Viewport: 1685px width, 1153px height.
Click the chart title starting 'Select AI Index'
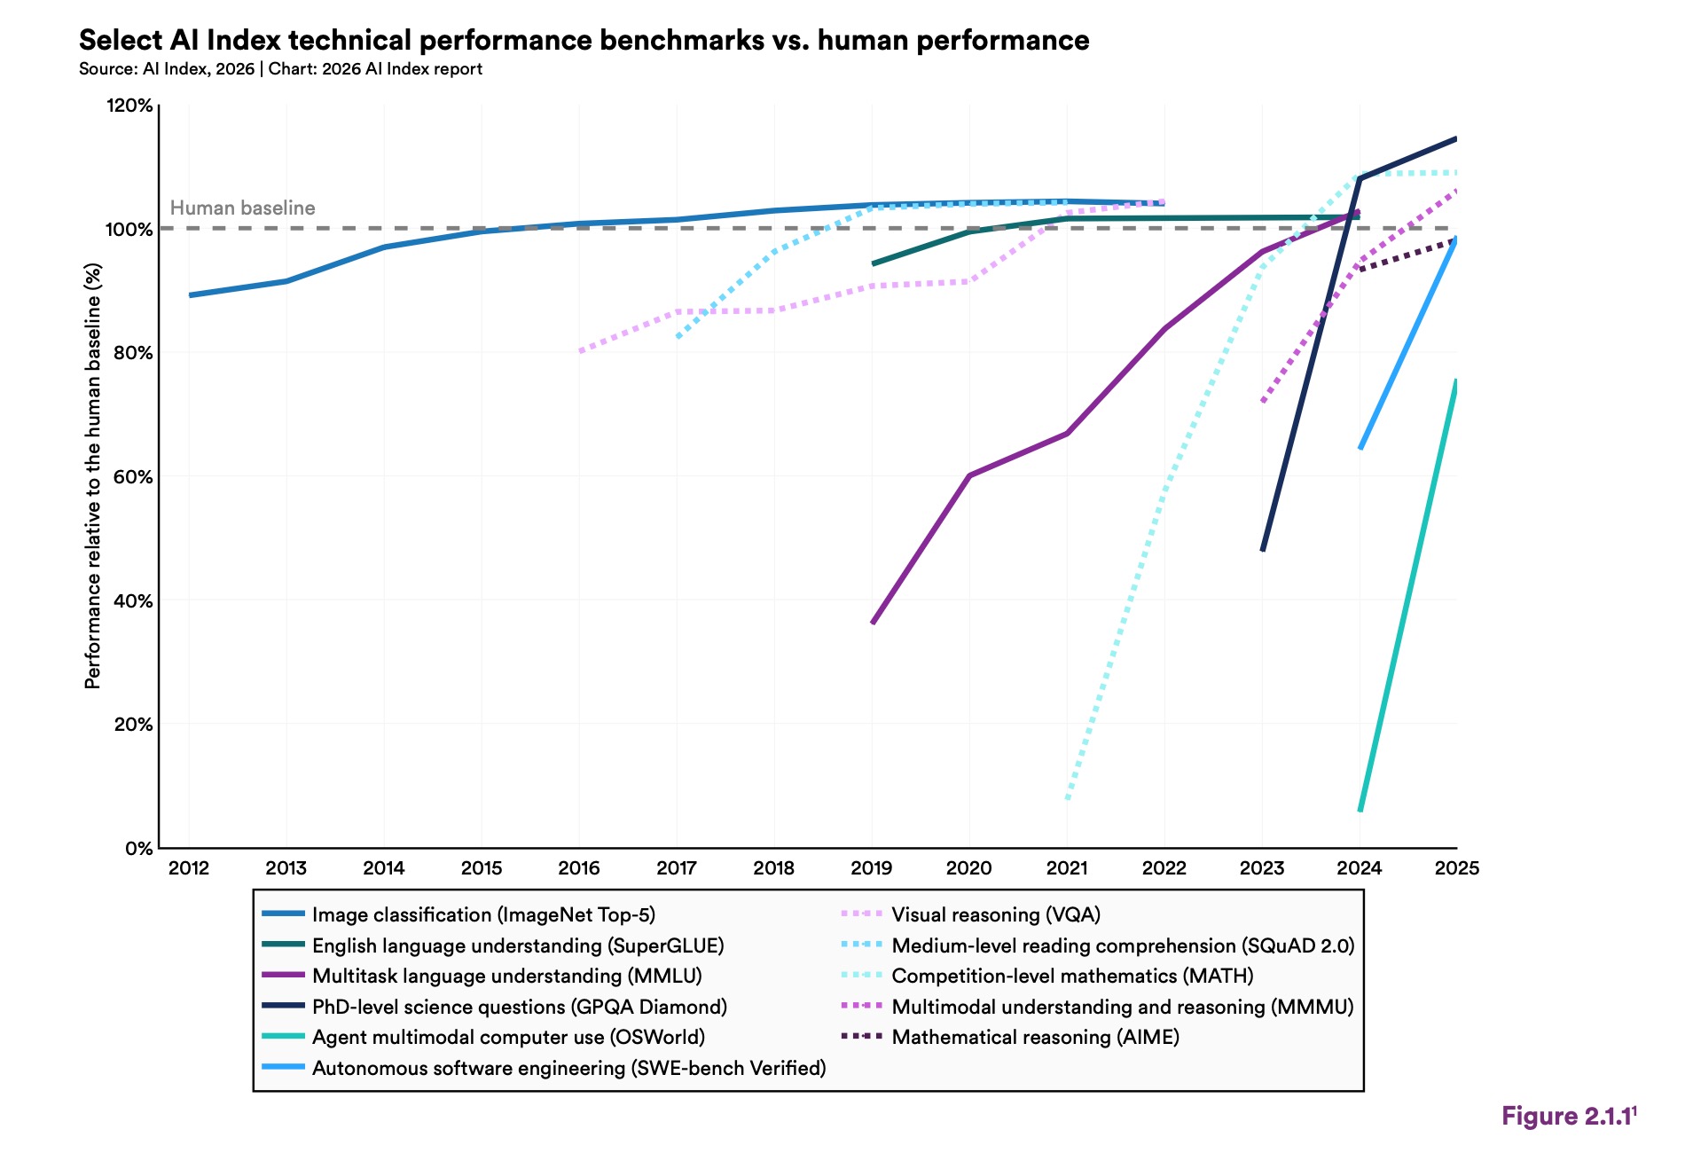coord(584,41)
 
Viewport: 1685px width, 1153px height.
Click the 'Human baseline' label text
coord(242,208)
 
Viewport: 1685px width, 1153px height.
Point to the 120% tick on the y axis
coord(129,106)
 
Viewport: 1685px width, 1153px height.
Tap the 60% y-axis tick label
coord(133,477)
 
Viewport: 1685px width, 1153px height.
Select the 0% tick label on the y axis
coord(138,849)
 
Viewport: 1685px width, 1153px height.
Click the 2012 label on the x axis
coord(189,868)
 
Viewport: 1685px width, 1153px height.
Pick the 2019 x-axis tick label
coord(871,868)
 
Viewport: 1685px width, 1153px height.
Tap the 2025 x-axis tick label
coord(1456,868)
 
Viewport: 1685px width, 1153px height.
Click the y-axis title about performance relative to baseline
coord(93,476)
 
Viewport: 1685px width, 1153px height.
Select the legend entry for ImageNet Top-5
coord(483,914)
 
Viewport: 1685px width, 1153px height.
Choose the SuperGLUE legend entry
coord(518,945)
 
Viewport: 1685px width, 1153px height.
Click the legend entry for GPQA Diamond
coord(519,1007)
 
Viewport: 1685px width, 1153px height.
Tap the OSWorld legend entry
coord(508,1037)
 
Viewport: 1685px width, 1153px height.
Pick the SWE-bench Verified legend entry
coord(568,1068)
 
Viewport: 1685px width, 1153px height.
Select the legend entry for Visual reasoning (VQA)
coord(995,914)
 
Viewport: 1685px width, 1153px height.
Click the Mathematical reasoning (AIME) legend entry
coord(1035,1037)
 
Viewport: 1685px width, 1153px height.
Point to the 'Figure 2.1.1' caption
coord(1567,1117)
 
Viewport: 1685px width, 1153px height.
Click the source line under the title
coord(280,69)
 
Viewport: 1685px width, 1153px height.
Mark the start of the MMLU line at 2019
coord(873,623)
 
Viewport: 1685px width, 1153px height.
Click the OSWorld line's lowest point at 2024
coord(1360,810)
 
